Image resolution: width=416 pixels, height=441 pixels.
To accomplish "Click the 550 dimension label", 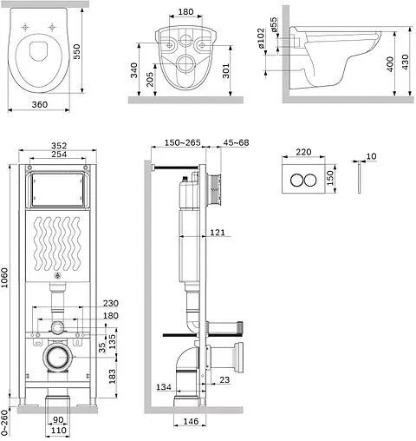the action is click(76, 51).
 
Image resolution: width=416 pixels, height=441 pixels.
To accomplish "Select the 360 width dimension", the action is click(40, 104).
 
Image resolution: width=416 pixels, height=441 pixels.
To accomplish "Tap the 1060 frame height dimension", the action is click(4, 278).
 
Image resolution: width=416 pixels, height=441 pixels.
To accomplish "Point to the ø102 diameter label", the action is click(261, 38).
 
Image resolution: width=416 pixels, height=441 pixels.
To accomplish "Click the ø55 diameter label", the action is click(273, 25).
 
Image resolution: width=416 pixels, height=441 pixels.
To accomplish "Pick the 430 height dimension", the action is click(406, 62).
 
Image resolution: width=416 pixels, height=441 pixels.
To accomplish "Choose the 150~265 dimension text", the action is click(183, 142).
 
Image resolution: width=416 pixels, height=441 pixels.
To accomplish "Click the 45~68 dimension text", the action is click(236, 142).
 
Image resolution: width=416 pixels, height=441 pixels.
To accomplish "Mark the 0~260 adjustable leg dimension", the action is click(4, 423).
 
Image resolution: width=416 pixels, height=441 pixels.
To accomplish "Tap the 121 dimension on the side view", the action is click(218, 233).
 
